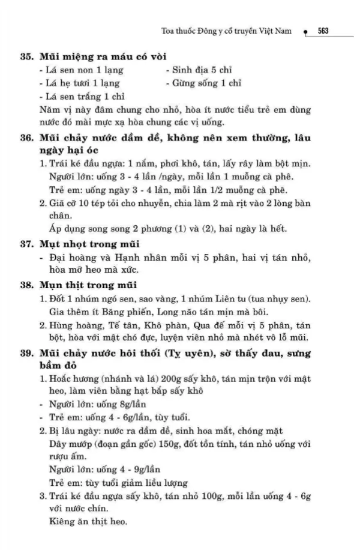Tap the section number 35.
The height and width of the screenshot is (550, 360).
pos(26,59)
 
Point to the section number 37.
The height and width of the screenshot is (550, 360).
pos(26,244)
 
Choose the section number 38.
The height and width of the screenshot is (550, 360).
pos(26,285)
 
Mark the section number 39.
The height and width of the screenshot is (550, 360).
pos(26,352)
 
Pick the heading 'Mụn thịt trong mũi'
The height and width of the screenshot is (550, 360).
pos(88,285)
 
